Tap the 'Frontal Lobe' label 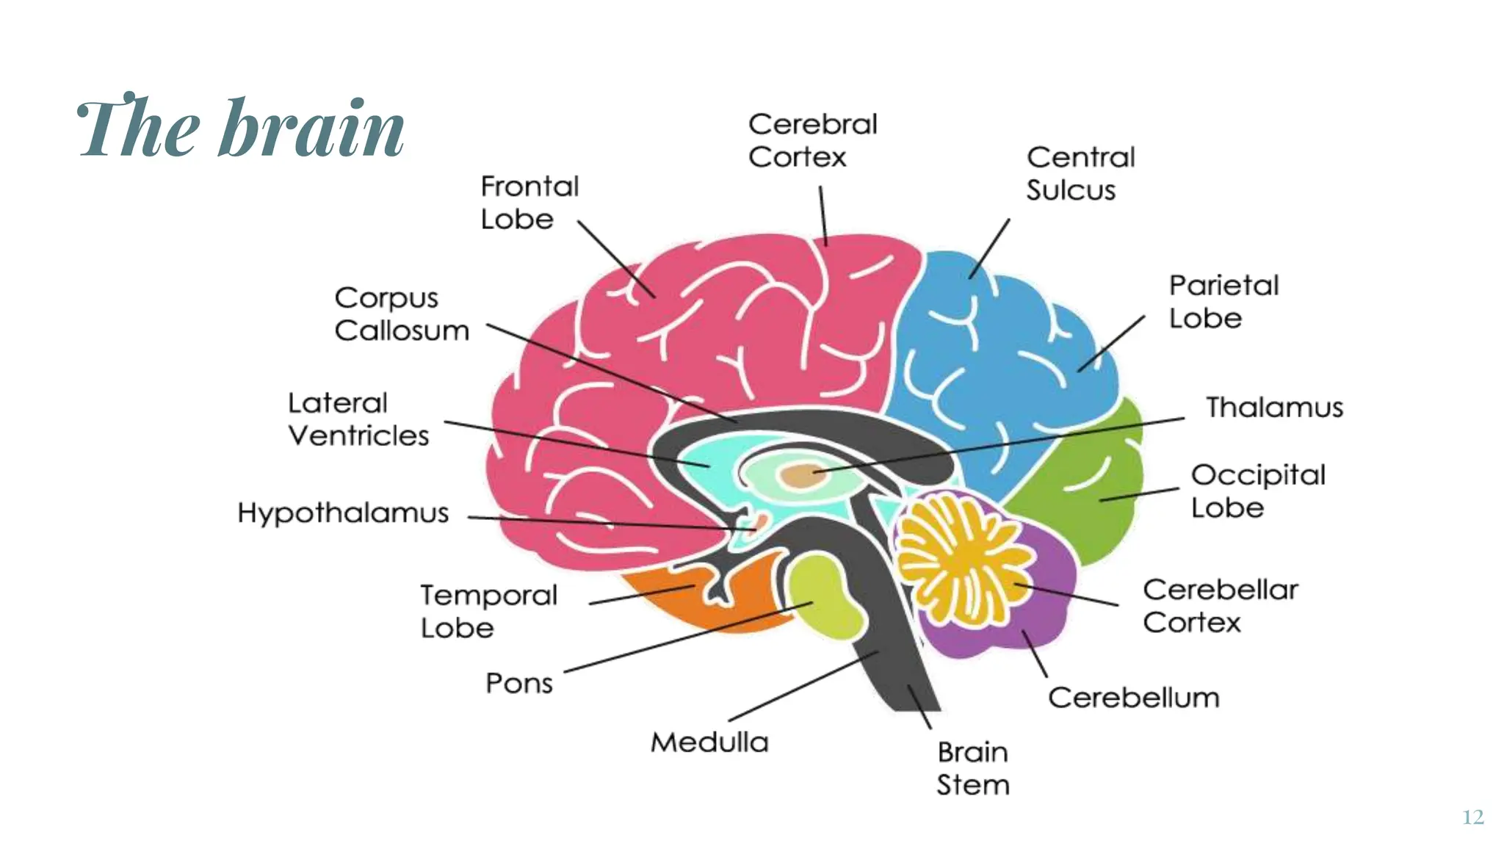529,203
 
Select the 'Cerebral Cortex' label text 812,140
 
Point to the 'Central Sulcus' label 1080,173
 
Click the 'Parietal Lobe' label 1223,301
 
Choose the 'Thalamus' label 1274,407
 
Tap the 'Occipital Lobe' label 1257,491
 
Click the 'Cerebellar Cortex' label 1220,605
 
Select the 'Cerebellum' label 1133,697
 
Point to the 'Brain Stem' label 972,768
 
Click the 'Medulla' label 709,742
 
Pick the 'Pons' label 518,683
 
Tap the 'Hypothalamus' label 343,513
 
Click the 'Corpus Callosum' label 401,314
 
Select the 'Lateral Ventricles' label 358,419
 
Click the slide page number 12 1472,817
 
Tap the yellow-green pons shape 826,595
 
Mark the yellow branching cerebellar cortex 962,558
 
